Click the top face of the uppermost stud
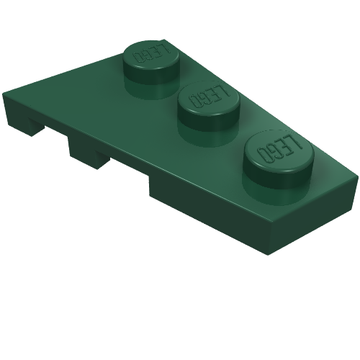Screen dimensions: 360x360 pos(151,55)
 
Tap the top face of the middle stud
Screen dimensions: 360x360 pos(209,97)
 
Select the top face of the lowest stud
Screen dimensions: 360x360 pos(279,150)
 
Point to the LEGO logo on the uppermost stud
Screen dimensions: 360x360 pos(152,53)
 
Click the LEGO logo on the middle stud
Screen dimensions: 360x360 pos(210,96)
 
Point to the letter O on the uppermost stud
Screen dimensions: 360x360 pos(139,58)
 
